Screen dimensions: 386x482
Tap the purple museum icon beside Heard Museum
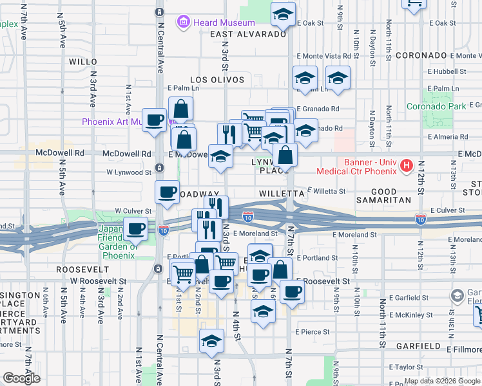(x=184, y=23)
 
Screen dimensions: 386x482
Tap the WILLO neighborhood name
(x=82, y=62)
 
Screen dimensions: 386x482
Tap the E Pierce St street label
(x=313, y=332)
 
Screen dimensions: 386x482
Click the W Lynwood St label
(x=129, y=172)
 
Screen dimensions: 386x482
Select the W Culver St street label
(x=133, y=210)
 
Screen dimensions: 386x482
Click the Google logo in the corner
(x=21, y=378)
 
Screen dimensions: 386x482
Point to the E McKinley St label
(x=411, y=315)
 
